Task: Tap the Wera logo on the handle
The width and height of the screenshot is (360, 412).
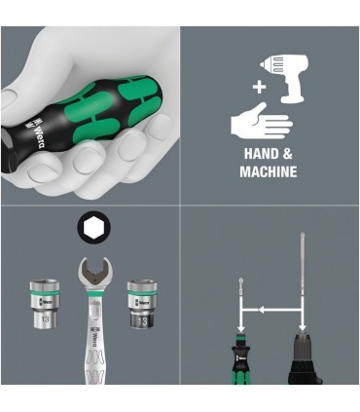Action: point(28,125)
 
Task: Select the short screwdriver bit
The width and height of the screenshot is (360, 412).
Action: point(238,296)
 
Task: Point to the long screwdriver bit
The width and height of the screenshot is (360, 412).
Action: point(304,282)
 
